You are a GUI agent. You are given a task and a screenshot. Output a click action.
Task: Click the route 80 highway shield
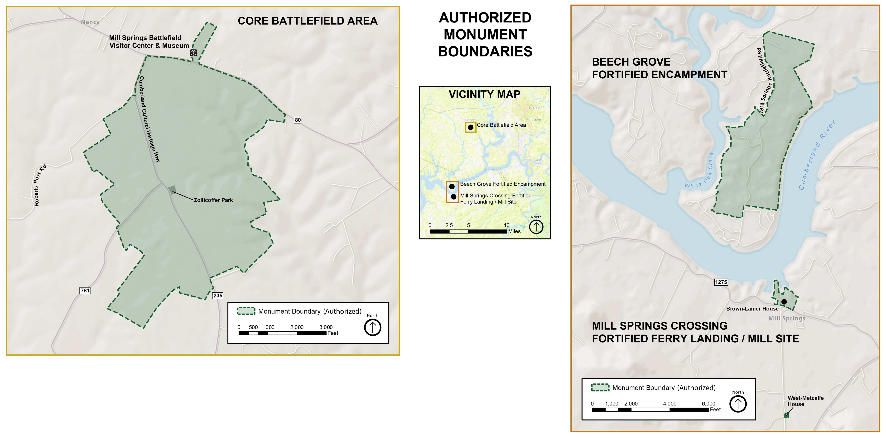coord(298,120)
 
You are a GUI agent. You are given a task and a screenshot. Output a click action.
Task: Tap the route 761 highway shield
coord(85,290)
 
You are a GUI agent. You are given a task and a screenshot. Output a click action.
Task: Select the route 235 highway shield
coord(218,295)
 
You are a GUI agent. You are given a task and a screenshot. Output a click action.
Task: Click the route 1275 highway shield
coord(721,282)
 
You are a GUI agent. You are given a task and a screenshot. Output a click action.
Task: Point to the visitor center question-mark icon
coord(194,53)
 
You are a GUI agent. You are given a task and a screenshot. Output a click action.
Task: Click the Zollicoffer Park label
coord(213,200)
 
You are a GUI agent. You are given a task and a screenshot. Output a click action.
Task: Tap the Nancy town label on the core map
coord(90,22)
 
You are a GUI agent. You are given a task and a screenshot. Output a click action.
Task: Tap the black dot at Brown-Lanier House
coord(784,301)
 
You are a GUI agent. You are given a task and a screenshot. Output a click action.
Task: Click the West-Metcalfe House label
coord(805,401)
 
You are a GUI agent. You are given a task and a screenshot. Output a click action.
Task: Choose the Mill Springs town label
coord(787,318)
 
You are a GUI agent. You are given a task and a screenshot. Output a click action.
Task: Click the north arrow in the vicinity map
coord(536,227)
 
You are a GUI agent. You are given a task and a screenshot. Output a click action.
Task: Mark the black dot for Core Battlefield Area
coord(471,127)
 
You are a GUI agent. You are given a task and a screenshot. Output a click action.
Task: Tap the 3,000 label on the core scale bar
coord(326,327)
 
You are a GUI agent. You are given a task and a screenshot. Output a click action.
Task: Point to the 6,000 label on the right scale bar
coord(708,404)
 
